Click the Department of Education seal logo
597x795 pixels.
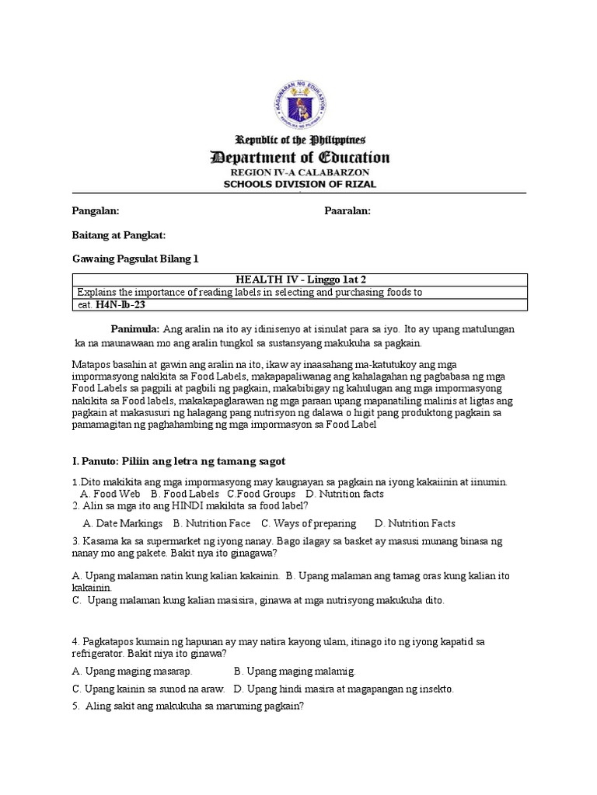tap(299, 99)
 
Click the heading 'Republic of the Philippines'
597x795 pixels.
tap(299, 141)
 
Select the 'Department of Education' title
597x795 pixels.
tap(300, 158)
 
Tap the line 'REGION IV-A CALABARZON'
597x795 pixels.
tap(299, 172)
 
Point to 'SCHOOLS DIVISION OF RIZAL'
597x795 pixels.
tap(299, 184)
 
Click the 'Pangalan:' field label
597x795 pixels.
tap(95, 211)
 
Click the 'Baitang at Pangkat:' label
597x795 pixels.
tap(118, 235)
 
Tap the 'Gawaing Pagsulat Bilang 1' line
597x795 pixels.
tap(135, 259)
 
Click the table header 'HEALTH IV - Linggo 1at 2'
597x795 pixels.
tap(298, 279)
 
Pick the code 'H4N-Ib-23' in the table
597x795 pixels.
tap(120, 305)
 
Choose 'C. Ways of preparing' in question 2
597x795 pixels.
tap(309, 523)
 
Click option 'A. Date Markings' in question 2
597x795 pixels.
tap(122, 523)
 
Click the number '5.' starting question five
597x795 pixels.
tap(76, 706)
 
